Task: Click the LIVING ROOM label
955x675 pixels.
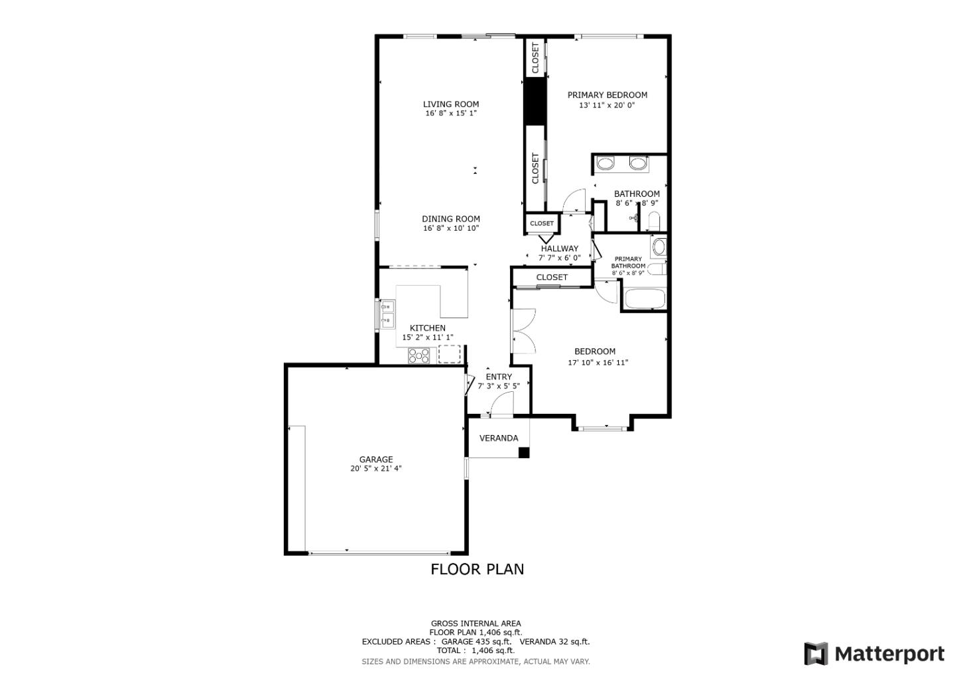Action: pos(451,104)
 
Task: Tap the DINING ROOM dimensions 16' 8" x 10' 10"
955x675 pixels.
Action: pos(451,228)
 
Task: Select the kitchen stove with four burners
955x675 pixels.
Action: pos(418,356)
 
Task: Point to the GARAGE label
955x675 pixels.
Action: pos(375,460)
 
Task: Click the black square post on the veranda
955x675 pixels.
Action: pos(523,453)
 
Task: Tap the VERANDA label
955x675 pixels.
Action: pos(499,438)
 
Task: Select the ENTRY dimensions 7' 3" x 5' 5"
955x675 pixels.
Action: pos(499,386)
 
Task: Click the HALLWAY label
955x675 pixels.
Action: pos(559,249)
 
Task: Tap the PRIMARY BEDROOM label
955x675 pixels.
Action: pos(607,95)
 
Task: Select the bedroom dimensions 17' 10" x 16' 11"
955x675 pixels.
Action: pos(598,363)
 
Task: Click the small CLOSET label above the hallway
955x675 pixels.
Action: pos(541,223)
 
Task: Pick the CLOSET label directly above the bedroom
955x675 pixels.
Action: pos(552,277)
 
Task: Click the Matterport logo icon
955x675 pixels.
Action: pos(816,654)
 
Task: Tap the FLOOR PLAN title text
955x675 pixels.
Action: pos(477,570)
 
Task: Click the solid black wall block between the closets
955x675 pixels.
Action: pos(535,101)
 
